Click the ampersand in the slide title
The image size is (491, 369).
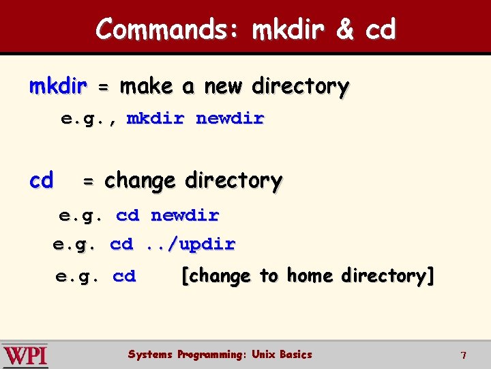coord(346,29)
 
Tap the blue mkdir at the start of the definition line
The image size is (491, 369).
coord(58,87)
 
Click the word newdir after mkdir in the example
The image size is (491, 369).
coord(230,119)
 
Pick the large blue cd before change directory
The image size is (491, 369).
coord(41,180)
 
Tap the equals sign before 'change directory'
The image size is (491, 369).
coord(89,182)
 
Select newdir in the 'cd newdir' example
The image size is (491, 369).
coord(185,216)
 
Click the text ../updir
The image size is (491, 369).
coord(190,244)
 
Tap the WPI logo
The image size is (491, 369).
coord(25,355)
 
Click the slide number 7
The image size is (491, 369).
coord(463,355)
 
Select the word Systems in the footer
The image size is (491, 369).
coord(150,355)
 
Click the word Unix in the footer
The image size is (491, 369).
coord(263,355)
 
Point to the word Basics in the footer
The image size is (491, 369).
coord(295,355)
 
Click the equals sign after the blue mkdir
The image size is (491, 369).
coord(103,88)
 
